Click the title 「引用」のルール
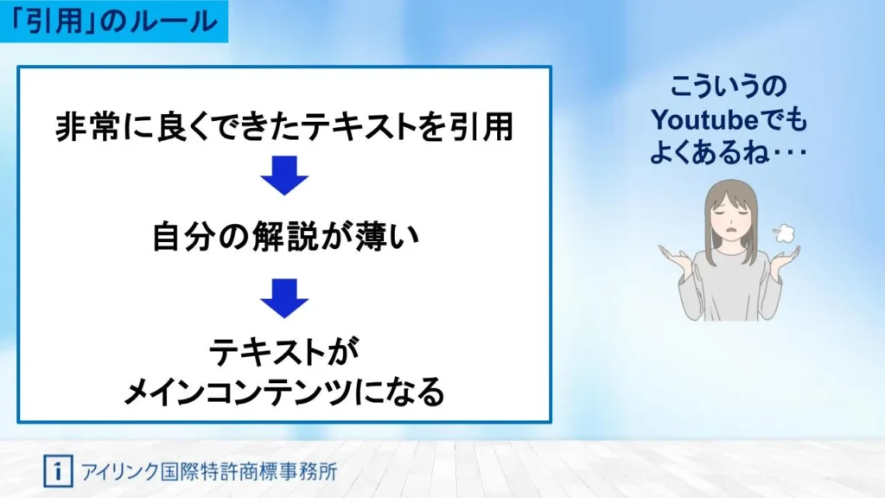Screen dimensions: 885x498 [115, 22]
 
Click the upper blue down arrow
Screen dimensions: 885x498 [284, 176]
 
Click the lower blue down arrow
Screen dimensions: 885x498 [284, 298]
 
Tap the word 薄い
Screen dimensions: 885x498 [386, 236]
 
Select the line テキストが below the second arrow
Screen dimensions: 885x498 [284, 353]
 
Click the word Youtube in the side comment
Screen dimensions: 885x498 [704, 119]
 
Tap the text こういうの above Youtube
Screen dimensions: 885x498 [728, 86]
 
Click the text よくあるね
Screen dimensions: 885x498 [709, 152]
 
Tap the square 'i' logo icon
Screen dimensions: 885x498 [58, 471]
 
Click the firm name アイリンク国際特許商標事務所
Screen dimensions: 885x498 [209, 471]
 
